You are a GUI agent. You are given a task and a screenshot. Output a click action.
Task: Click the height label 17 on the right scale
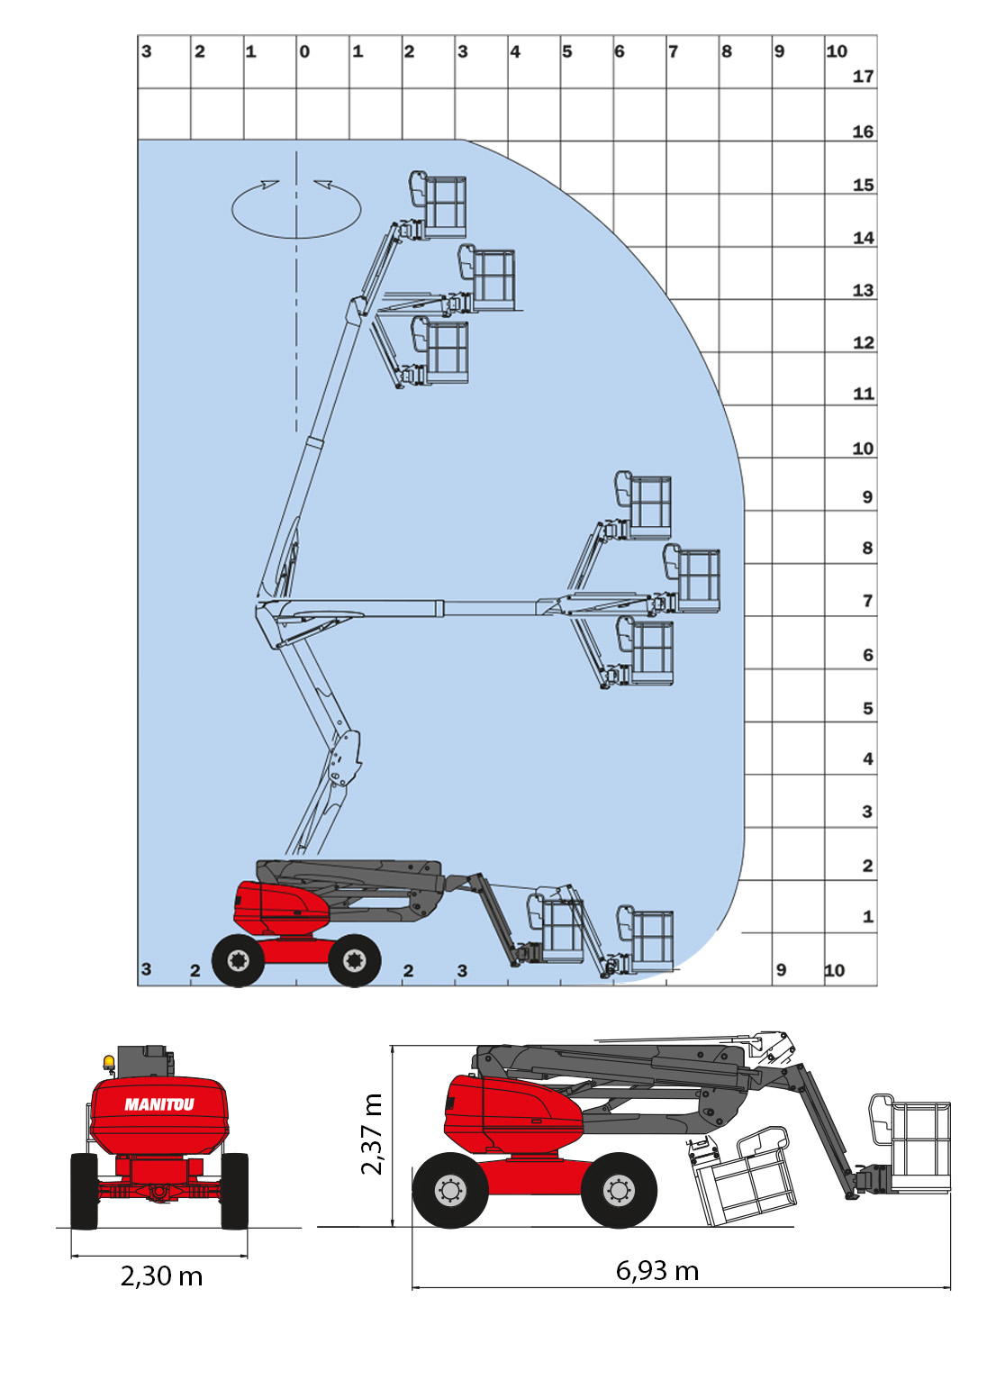(863, 77)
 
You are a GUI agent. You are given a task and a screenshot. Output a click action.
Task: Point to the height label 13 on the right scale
(863, 290)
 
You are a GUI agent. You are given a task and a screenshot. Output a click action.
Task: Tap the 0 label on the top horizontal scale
(304, 51)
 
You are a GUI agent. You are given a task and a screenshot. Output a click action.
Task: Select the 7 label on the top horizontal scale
(673, 51)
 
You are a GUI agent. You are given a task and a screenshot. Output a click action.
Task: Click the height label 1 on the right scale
(868, 917)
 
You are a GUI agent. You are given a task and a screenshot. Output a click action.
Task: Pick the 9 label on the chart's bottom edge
(781, 970)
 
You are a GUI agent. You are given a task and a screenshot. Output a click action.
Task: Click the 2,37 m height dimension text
(371, 1134)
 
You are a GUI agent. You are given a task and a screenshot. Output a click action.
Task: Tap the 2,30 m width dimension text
(161, 1276)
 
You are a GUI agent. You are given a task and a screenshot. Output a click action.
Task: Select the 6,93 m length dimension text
(657, 1270)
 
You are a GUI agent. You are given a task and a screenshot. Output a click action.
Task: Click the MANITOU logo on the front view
(159, 1104)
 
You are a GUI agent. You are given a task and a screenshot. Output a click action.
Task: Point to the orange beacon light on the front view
(109, 1063)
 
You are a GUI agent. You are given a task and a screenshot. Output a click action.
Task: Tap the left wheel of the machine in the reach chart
(238, 960)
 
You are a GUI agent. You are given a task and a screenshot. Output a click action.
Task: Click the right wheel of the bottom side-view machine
(619, 1190)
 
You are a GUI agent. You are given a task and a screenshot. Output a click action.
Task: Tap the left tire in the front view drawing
(84, 1191)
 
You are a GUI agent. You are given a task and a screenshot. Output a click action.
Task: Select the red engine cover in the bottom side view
(509, 1115)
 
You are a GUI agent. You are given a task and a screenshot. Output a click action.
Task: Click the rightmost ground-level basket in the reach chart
(646, 940)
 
